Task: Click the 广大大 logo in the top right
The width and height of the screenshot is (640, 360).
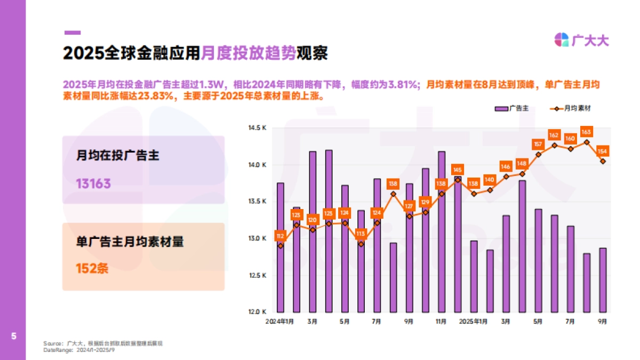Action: [x=581, y=40]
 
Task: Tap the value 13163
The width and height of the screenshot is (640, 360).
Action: [x=93, y=184]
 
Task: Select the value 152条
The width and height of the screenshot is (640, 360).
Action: [x=92, y=268]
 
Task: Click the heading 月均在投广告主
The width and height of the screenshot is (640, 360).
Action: [x=118, y=156]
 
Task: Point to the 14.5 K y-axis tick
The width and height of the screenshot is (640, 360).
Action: [x=257, y=128]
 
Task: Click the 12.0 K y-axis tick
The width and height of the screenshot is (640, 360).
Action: [x=257, y=311]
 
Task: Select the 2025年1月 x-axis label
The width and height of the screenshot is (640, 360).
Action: [x=474, y=322]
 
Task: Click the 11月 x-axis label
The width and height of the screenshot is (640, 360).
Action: [x=441, y=322]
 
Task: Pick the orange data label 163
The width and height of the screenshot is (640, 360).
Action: [x=586, y=132]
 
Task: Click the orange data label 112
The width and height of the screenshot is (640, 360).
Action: [x=281, y=235]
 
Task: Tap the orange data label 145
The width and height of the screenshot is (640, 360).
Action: [x=457, y=170]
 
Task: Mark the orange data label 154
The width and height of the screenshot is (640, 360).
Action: [x=603, y=151]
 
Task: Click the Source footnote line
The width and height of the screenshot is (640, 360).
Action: [x=103, y=343]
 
